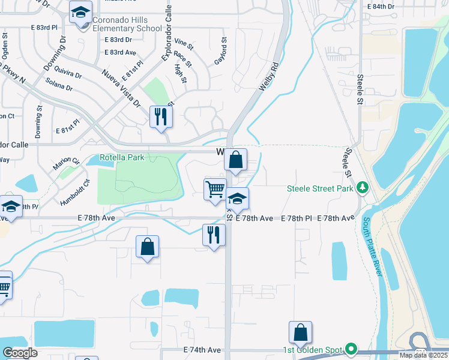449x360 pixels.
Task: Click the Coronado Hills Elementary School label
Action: point(127,23)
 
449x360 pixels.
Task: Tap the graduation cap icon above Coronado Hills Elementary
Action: point(80,11)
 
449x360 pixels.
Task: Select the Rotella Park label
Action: point(122,158)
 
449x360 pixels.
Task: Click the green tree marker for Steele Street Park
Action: point(363,188)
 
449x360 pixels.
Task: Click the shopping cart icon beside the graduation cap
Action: point(215,190)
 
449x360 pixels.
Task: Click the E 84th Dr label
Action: point(380,7)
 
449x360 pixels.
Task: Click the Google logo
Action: point(20,353)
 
